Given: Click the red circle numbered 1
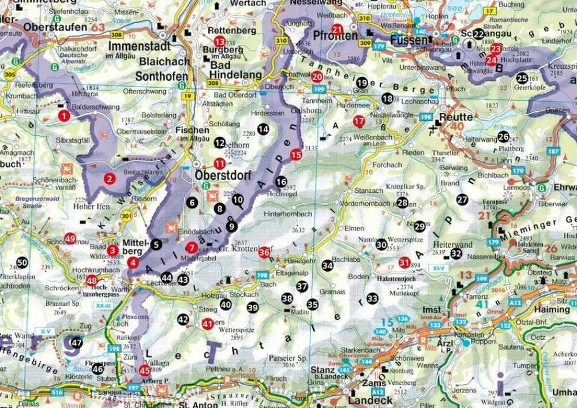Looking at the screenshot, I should [64, 116].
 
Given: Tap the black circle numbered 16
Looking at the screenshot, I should [281, 182].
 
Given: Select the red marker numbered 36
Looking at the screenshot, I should [264, 252].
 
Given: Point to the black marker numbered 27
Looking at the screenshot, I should [462, 200].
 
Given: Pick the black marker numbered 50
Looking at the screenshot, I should [22, 263].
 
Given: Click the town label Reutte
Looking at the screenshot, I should [456, 117].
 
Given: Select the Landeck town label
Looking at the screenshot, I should [370, 399].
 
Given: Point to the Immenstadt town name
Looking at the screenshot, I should [141, 46].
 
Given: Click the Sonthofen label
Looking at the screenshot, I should [162, 76].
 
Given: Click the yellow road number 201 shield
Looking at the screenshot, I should [126, 216].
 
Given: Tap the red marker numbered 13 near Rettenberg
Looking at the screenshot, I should [219, 42].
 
